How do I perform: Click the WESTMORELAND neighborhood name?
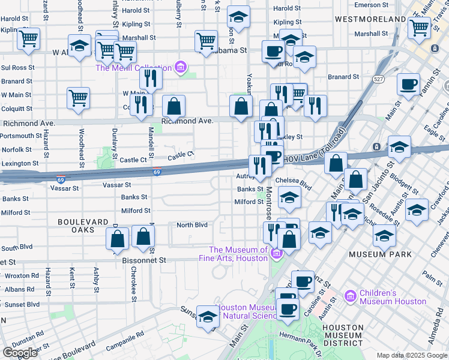click(370, 19)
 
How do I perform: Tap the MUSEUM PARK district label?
click(381, 254)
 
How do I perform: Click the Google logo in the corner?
click(20, 352)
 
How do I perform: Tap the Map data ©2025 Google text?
click(411, 355)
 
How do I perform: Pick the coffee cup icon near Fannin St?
click(408, 85)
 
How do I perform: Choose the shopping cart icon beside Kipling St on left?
click(29, 40)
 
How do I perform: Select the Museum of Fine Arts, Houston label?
click(238, 254)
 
